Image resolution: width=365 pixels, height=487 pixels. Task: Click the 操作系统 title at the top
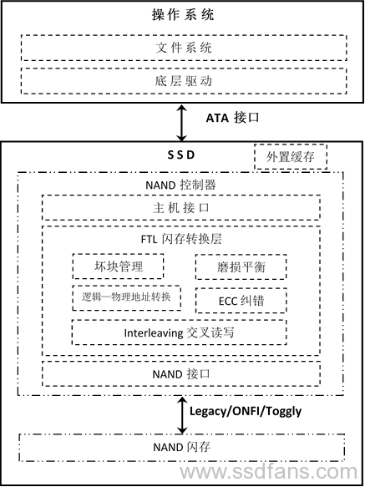pyautogui.click(x=183, y=15)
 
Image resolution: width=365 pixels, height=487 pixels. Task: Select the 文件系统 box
pyautogui.click(x=184, y=48)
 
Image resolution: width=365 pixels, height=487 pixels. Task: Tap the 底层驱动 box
pyautogui.click(x=184, y=81)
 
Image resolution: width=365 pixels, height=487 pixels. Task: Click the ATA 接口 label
pyautogui.click(x=232, y=118)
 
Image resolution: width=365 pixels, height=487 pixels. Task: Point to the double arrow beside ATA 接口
pyautogui.click(x=182, y=123)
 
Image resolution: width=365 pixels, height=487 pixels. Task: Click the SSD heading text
pyautogui.click(x=181, y=155)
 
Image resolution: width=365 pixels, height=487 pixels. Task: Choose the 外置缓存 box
pyautogui.click(x=291, y=156)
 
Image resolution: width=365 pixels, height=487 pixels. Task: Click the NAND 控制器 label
pyautogui.click(x=180, y=185)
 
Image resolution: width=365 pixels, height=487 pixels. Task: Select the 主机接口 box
pyautogui.click(x=181, y=207)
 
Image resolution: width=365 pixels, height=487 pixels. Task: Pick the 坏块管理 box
pyautogui.click(x=118, y=266)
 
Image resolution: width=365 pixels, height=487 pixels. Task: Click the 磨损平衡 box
pyautogui.click(x=241, y=267)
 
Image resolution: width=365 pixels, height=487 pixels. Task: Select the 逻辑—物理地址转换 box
pyautogui.click(x=126, y=298)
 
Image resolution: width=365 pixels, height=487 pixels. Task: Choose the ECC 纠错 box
pyautogui.click(x=241, y=301)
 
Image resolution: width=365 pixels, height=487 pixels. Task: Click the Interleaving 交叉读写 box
pyautogui.click(x=179, y=332)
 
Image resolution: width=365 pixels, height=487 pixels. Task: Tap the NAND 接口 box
pyautogui.click(x=181, y=373)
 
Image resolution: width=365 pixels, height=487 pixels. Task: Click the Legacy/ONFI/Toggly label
pyautogui.click(x=246, y=411)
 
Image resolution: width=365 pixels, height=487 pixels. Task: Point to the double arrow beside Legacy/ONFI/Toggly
pyautogui.click(x=182, y=414)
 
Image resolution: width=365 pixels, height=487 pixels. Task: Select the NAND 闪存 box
pyautogui.click(x=182, y=448)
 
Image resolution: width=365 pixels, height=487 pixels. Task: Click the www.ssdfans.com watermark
pyautogui.click(x=269, y=472)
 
